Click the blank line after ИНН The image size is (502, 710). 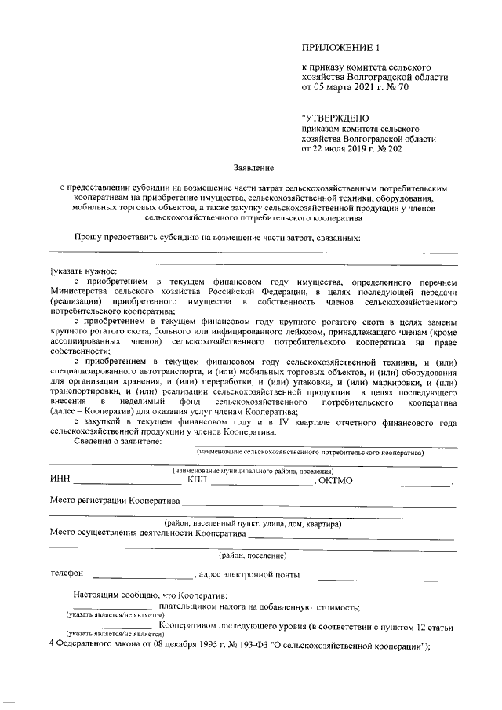click(114, 482)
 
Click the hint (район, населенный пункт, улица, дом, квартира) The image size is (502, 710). click(251, 523)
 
